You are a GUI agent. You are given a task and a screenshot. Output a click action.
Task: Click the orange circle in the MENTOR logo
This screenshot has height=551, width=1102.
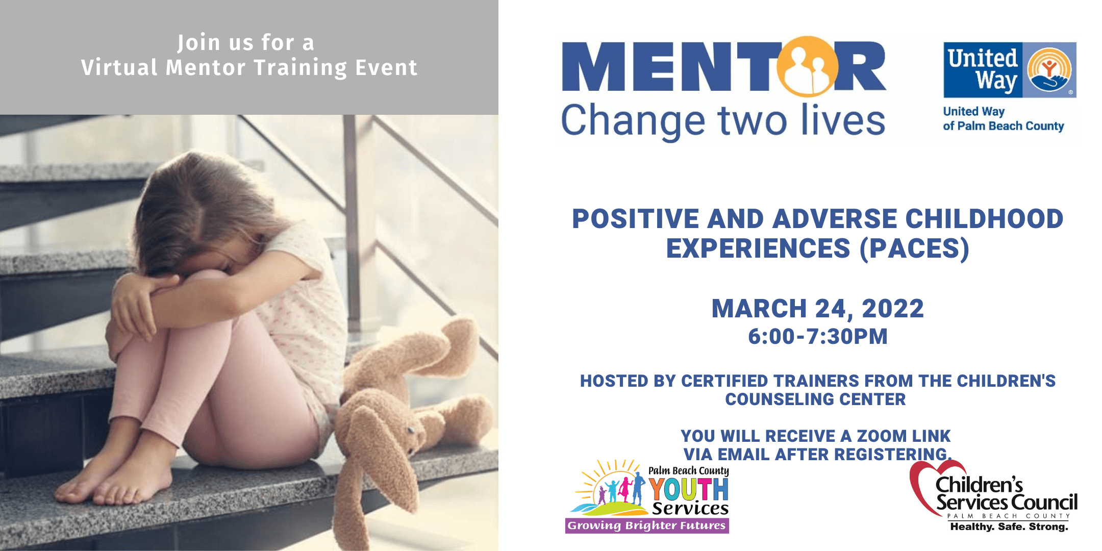point(807,66)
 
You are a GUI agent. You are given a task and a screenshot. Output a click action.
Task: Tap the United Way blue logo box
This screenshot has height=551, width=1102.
point(1010,70)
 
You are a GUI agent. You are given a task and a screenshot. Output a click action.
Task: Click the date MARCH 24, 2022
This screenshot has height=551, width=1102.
point(817,309)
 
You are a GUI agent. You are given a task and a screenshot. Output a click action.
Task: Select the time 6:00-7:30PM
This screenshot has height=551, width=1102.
point(817,337)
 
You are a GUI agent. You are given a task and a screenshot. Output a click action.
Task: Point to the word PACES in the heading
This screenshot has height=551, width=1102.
point(915,248)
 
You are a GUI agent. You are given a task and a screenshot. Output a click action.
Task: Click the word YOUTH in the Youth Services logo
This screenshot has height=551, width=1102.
point(688,489)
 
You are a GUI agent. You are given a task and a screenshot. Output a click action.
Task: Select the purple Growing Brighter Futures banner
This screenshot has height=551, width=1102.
point(647,525)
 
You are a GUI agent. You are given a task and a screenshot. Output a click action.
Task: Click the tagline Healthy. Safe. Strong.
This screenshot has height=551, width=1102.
point(1009,527)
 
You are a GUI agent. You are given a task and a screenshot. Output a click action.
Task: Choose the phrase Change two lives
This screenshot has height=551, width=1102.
point(723,121)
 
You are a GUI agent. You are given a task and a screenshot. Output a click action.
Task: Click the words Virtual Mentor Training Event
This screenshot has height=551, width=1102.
point(249,68)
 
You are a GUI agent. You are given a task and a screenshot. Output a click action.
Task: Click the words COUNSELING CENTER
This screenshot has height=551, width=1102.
point(815,399)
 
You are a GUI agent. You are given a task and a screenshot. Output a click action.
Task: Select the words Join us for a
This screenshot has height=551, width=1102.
point(246,43)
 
